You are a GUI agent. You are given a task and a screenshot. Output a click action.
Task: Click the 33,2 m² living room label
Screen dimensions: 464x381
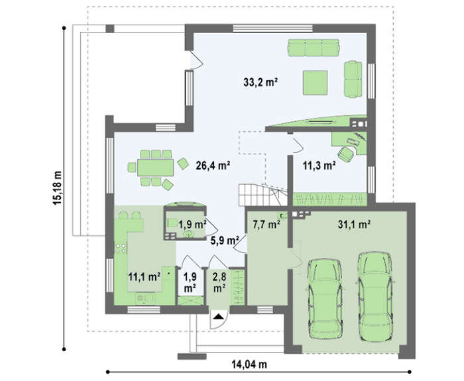tap(261, 82)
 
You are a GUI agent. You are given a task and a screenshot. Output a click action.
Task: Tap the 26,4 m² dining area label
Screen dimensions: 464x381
tap(213, 166)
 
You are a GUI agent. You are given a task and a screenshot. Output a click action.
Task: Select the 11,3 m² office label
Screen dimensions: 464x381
tap(319, 166)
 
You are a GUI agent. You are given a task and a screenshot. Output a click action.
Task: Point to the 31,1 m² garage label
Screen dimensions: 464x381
tap(354, 225)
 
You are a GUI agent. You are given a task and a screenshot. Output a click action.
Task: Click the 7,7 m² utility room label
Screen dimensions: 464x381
tap(266, 225)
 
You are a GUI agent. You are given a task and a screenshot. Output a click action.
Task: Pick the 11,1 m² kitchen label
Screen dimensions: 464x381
tap(144, 277)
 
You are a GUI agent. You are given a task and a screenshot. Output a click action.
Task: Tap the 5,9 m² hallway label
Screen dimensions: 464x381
tap(225, 241)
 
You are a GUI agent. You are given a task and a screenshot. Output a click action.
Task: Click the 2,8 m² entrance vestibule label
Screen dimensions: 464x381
tap(219, 282)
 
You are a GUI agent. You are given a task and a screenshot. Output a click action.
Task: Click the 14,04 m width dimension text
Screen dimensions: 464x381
tap(249, 364)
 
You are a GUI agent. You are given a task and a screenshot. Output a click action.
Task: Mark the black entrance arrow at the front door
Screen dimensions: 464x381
tap(218, 317)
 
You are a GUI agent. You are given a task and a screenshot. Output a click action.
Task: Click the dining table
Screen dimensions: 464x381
tap(155, 168)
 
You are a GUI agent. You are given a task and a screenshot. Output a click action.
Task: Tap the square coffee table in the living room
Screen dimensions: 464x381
tap(315, 82)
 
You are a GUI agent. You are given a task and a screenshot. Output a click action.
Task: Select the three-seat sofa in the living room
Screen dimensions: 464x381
tap(314, 48)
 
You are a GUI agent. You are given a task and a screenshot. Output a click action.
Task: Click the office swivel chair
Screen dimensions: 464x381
tap(346, 154)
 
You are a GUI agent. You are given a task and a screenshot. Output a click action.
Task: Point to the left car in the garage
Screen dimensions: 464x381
tap(325, 299)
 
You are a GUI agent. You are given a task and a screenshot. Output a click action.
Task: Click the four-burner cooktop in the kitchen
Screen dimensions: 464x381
tap(121, 248)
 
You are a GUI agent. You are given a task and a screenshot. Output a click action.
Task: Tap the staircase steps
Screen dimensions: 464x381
tap(258, 195)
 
